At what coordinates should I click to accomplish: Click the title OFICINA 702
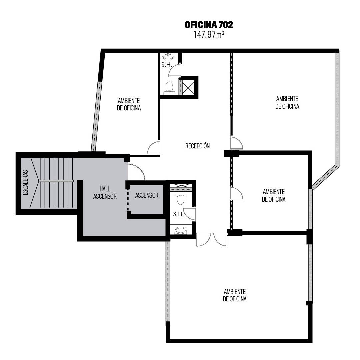[x=209, y=25]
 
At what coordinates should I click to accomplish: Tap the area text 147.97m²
[x=209, y=34]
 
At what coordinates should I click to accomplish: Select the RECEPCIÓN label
[x=197, y=146]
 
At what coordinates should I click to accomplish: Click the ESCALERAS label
[x=25, y=183]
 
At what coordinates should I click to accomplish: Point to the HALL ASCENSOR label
[x=105, y=193]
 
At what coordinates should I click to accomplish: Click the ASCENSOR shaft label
[x=147, y=195]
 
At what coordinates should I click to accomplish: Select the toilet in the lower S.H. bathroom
[x=181, y=198]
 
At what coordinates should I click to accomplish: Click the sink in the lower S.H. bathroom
[x=181, y=231]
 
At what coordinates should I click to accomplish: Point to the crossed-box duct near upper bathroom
[x=188, y=88]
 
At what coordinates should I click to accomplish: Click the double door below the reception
[x=212, y=239]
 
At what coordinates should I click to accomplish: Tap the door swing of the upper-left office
[x=153, y=147]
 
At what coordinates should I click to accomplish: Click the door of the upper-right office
[x=236, y=143]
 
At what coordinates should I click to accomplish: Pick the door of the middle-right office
[x=236, y=194]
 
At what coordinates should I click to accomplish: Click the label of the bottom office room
[x=235, y=295]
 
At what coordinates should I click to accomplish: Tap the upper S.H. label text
[x=167, y=65]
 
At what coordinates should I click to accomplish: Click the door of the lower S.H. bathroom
[x=189, y=214]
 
